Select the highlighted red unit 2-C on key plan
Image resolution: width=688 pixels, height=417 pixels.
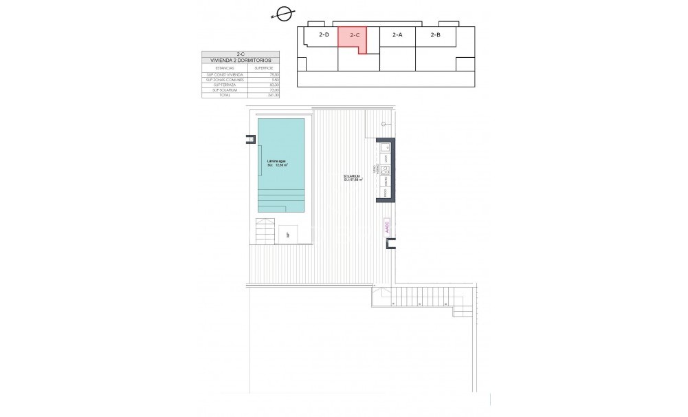click(x=352, y=39)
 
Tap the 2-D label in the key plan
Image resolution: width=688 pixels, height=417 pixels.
click(x=324, y=34)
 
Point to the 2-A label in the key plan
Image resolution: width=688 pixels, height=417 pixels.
click(x=397, y=34)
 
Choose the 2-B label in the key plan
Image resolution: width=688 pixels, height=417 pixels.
click(x=435, y=34)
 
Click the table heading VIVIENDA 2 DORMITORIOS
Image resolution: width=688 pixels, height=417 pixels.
click(x=241, y=61)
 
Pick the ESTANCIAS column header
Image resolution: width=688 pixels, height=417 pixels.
click(x=225, y=68)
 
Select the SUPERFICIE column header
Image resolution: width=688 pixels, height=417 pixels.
click(x=263, y=68)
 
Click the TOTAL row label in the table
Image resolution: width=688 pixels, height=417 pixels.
click(x=225, y=95)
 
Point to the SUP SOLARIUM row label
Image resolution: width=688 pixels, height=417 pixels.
click(x=225, y=89)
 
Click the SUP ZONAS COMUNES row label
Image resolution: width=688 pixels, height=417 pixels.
click(x=225, y=79)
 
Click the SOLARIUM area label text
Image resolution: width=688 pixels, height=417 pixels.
click(x=353, y=178)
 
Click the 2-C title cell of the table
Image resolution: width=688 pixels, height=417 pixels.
click(x=241, y=54)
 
